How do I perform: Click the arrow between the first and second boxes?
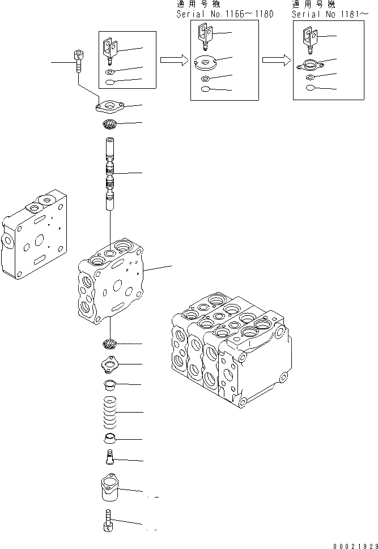point(173,59)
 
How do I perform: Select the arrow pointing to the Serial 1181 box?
point(276,59)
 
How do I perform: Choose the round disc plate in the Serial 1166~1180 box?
point(205,62)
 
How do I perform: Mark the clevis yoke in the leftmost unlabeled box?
point(110,47)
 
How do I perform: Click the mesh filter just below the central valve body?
point(109,344)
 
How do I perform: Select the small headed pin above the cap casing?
point(109,456)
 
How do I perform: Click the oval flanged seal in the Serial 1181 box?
point(309,65)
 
